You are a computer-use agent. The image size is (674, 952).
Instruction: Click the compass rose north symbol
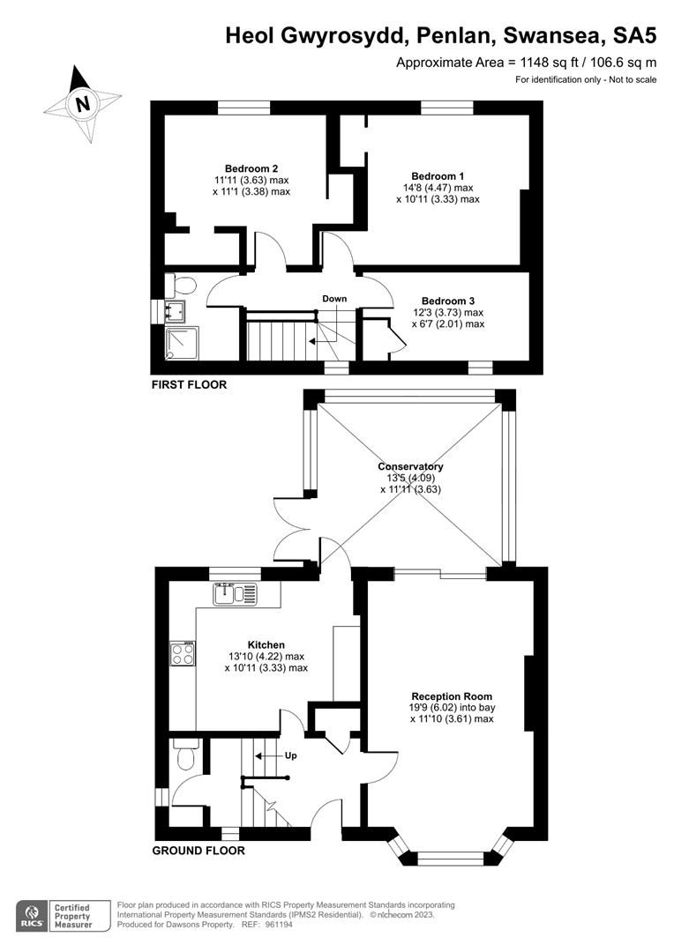[x=82, y=104]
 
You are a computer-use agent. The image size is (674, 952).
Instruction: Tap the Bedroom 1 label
[x=438, y=176]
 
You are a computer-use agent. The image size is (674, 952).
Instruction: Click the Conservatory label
[x=410, y=466]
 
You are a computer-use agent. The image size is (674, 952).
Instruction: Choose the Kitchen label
[x=266, y=645]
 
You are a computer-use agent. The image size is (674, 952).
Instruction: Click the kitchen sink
[x=235, y=594]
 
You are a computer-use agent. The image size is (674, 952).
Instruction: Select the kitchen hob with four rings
[x=183, y=653]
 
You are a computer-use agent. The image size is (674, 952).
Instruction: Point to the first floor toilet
[x=183, y=285]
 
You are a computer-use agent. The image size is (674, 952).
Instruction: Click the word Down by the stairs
[x=334, y=299]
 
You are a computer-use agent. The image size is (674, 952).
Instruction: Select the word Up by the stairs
[x=290, y=755]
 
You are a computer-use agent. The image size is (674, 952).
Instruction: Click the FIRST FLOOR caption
[x=189, y=384]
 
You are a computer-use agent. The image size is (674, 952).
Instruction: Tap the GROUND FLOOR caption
[x=198, y=851]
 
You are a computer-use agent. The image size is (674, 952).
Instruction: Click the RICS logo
[x=34, y=914]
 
